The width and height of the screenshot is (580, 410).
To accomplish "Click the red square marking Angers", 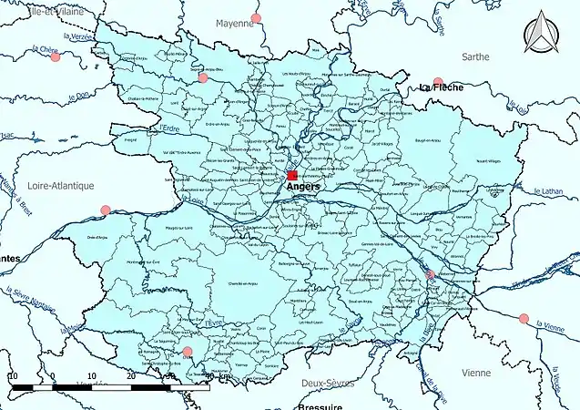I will (292, 175).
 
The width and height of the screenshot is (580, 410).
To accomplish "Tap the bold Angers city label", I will (303, 187).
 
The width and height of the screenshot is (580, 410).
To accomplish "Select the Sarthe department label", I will (474, 56).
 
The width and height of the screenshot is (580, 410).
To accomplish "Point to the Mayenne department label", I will (234, 23).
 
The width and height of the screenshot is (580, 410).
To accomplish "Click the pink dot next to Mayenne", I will (256, 18).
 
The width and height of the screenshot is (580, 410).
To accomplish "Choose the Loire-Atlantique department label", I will (63, 186).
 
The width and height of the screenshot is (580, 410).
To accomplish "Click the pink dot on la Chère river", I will (56, 57).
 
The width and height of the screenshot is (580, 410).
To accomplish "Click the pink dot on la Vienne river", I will (523, 318).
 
